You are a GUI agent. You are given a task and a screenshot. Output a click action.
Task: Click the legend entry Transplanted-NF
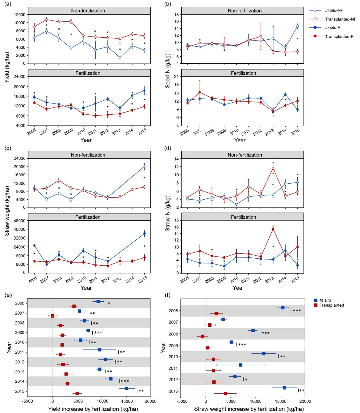[340, 19]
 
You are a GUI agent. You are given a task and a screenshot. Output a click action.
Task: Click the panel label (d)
[168, 148]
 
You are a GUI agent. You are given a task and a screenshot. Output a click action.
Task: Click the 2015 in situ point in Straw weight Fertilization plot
[144, 233]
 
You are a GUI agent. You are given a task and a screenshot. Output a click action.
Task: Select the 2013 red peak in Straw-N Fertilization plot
[273, 229]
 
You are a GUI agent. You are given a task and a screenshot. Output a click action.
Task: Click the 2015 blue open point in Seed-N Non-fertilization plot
[297, 26]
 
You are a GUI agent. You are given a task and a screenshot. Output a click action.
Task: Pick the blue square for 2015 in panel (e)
[127, 388]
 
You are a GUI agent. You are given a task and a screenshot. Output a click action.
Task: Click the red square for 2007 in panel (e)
[53, 316]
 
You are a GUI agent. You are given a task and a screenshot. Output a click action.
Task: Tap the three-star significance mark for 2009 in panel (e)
[98, 333]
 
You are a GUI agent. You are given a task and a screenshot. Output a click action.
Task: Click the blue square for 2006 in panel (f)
[283, 308]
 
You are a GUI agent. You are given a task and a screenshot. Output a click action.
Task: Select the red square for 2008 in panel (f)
[202, 336]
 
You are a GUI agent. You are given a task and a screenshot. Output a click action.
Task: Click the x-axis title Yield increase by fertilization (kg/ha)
[93, 409]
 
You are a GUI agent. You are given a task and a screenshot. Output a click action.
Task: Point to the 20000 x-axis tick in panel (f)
[305, 401]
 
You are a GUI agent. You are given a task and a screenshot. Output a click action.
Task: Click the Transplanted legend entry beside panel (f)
[331, 305]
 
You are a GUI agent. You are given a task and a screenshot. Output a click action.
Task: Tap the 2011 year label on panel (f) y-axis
[174, 368]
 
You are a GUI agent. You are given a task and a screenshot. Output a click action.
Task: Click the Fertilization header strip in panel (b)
[243, 73]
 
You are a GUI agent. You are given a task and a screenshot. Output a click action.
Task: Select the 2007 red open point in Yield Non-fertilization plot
[47, 19]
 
